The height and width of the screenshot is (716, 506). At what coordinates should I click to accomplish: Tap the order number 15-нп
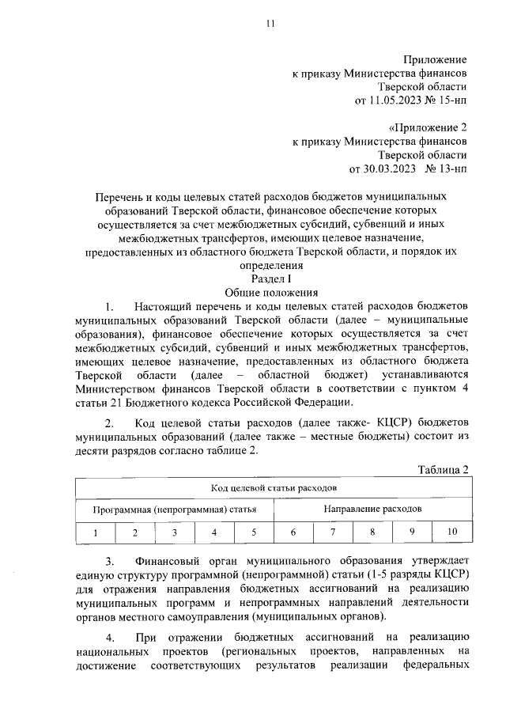pyautogui.click(x=452, y=100)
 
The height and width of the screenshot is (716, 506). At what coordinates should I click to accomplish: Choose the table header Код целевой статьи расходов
pyautogui.click(x=274, y=489)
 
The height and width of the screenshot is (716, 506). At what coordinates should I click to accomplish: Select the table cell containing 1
pyautogui.click(x=96, y=532)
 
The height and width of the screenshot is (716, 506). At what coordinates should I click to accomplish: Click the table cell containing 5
pyautogui.click(x=254, y=532)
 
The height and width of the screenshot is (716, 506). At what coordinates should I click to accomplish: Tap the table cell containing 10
pyautogui.click(x=451, y=532)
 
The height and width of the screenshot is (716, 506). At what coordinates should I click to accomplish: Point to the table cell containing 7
pyautogui.click(x=333, y=532)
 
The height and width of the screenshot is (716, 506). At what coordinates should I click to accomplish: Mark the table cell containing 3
pyautogui.click(x=175, y=532)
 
